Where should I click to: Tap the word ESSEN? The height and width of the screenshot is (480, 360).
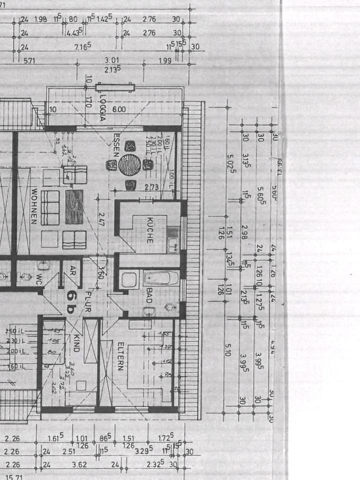point(116,145)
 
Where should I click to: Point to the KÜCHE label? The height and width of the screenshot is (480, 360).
point(150,230)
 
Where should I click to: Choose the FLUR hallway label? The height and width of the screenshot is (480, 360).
point(88,301)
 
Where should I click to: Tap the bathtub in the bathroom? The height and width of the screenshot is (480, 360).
point(161,278)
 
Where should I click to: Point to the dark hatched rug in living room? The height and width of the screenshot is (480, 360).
point(74,206)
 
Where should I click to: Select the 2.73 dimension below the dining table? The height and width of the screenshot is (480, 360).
point(137,187)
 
